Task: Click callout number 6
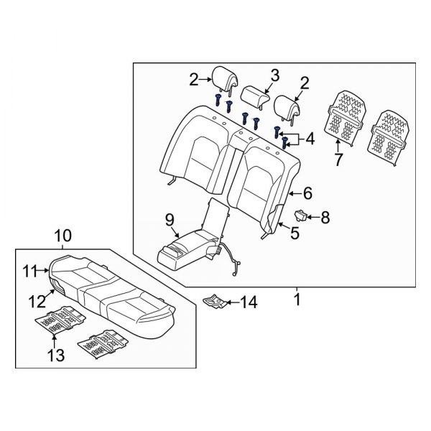[x=307, y=193]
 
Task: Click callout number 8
[x=325, y=216]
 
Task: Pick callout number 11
[x=28, y=270]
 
